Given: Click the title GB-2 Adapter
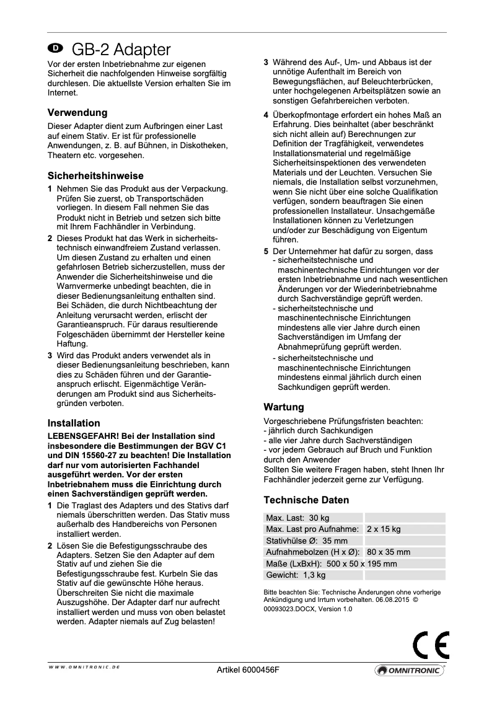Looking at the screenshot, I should click(x=121, y=50).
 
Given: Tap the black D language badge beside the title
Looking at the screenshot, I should click(x=56, y=48).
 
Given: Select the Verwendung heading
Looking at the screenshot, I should click(x=77, y=113).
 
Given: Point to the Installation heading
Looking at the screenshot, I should click(x=74, y=423).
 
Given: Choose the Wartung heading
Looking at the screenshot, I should click(x=284, y=407).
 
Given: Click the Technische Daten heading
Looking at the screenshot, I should click(x=306, y=500).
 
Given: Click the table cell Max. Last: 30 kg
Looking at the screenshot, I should click(x=297, y=518).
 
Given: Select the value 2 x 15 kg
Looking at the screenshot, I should click(x=384, y=529).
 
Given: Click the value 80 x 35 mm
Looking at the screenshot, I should click(x=388, y=552).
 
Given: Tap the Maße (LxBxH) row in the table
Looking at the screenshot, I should click(x=332, y=564).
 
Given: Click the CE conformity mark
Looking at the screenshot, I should click(x=431, y=645).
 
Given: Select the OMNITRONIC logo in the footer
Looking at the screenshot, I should click(x=409, y=671).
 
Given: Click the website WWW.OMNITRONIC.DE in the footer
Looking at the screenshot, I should click(x=84, y=666).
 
